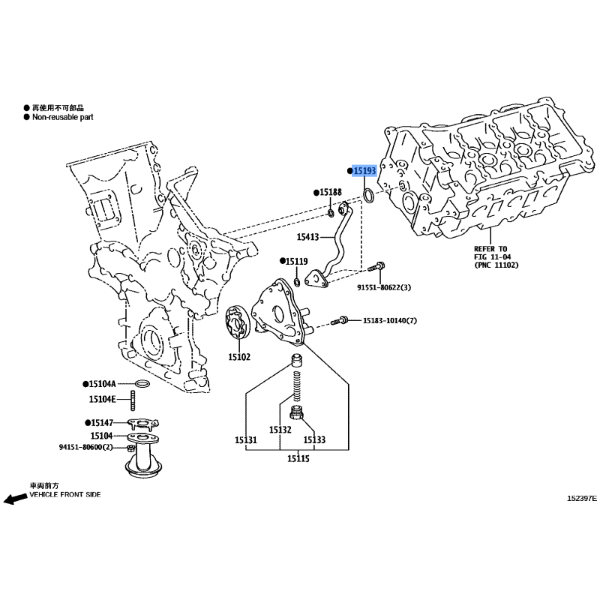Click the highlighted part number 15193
coord(364,171)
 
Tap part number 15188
coord(331,192)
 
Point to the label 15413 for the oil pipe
coord(307,237)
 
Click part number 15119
coord(296,261)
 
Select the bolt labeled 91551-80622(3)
coord(376,266)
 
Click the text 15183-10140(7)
coord(390,320)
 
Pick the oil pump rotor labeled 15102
coord(237,322)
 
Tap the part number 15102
coord(239,357)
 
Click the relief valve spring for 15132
coord(297,385)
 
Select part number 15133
coord(314,440)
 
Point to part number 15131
coord(246,440)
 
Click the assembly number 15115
coord(298,458)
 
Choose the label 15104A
coord(102,384)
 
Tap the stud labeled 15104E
coord(133,400)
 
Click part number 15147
coord(102,423)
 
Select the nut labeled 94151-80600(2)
coord(130,448)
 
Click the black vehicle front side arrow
coord(15,499)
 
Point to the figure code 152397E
coord(582,498)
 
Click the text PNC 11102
coord(496,265)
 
